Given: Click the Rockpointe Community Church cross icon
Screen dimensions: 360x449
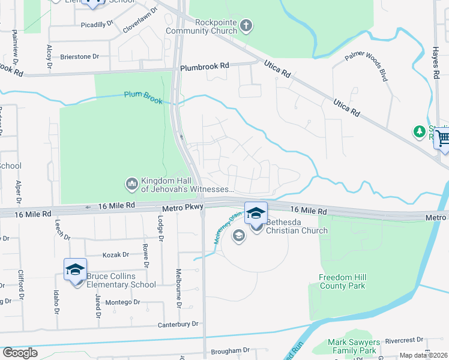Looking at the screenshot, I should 246,26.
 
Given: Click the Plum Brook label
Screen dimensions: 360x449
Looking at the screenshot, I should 143,97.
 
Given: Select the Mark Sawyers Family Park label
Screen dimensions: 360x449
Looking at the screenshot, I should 352,346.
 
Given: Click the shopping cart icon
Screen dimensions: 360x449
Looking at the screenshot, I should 442,139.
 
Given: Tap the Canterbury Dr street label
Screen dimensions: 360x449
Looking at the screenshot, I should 178,325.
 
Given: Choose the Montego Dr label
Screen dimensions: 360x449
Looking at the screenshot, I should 123,302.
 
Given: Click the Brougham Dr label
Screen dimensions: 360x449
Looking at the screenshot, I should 230,350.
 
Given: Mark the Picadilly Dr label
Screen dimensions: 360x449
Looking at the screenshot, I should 97,24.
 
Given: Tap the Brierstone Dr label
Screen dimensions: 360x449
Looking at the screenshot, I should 79,56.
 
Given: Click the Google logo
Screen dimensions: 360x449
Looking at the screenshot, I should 20,353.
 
